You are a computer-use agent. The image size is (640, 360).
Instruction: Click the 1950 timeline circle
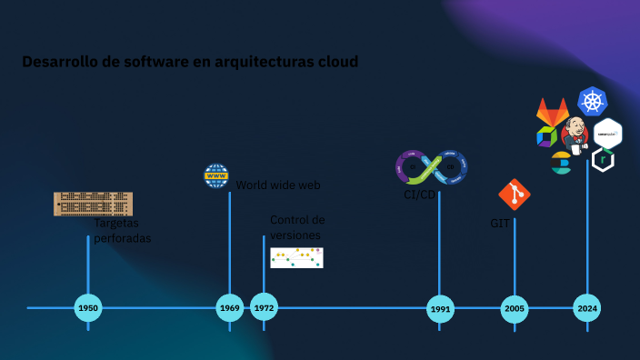tap(88, 308)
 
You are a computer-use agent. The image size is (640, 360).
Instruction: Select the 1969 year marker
tap(230, 308)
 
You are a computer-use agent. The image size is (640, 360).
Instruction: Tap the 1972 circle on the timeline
tap(264, 308)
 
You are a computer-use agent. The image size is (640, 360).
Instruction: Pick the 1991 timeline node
tap(440, 309)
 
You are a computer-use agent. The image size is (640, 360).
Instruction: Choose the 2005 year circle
tap(515, 309)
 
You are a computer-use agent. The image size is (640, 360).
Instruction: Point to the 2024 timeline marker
tap(586, 308)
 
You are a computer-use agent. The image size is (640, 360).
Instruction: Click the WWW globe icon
tap(216, 175)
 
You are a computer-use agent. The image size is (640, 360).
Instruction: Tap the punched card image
tap(93, 204)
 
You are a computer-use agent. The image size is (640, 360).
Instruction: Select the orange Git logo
tap(515, 195)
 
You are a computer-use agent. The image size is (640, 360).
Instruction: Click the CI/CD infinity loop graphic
tap(431, 167)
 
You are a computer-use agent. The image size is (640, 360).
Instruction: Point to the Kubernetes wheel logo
tap(592, 101)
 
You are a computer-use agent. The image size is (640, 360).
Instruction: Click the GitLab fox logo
tap(552, 113)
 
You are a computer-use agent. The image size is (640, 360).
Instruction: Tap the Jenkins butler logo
tap(575, 135)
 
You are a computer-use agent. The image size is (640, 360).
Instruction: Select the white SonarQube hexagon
tap(607, 133)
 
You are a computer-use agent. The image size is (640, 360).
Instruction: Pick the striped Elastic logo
tap(561, 164)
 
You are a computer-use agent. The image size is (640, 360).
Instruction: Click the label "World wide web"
tap(278, 185)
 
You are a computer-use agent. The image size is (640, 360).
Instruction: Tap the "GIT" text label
tap(500, 224)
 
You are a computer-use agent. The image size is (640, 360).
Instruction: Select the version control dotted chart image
tap(296, 257)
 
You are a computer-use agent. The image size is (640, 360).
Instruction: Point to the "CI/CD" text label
tap(419, 195)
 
